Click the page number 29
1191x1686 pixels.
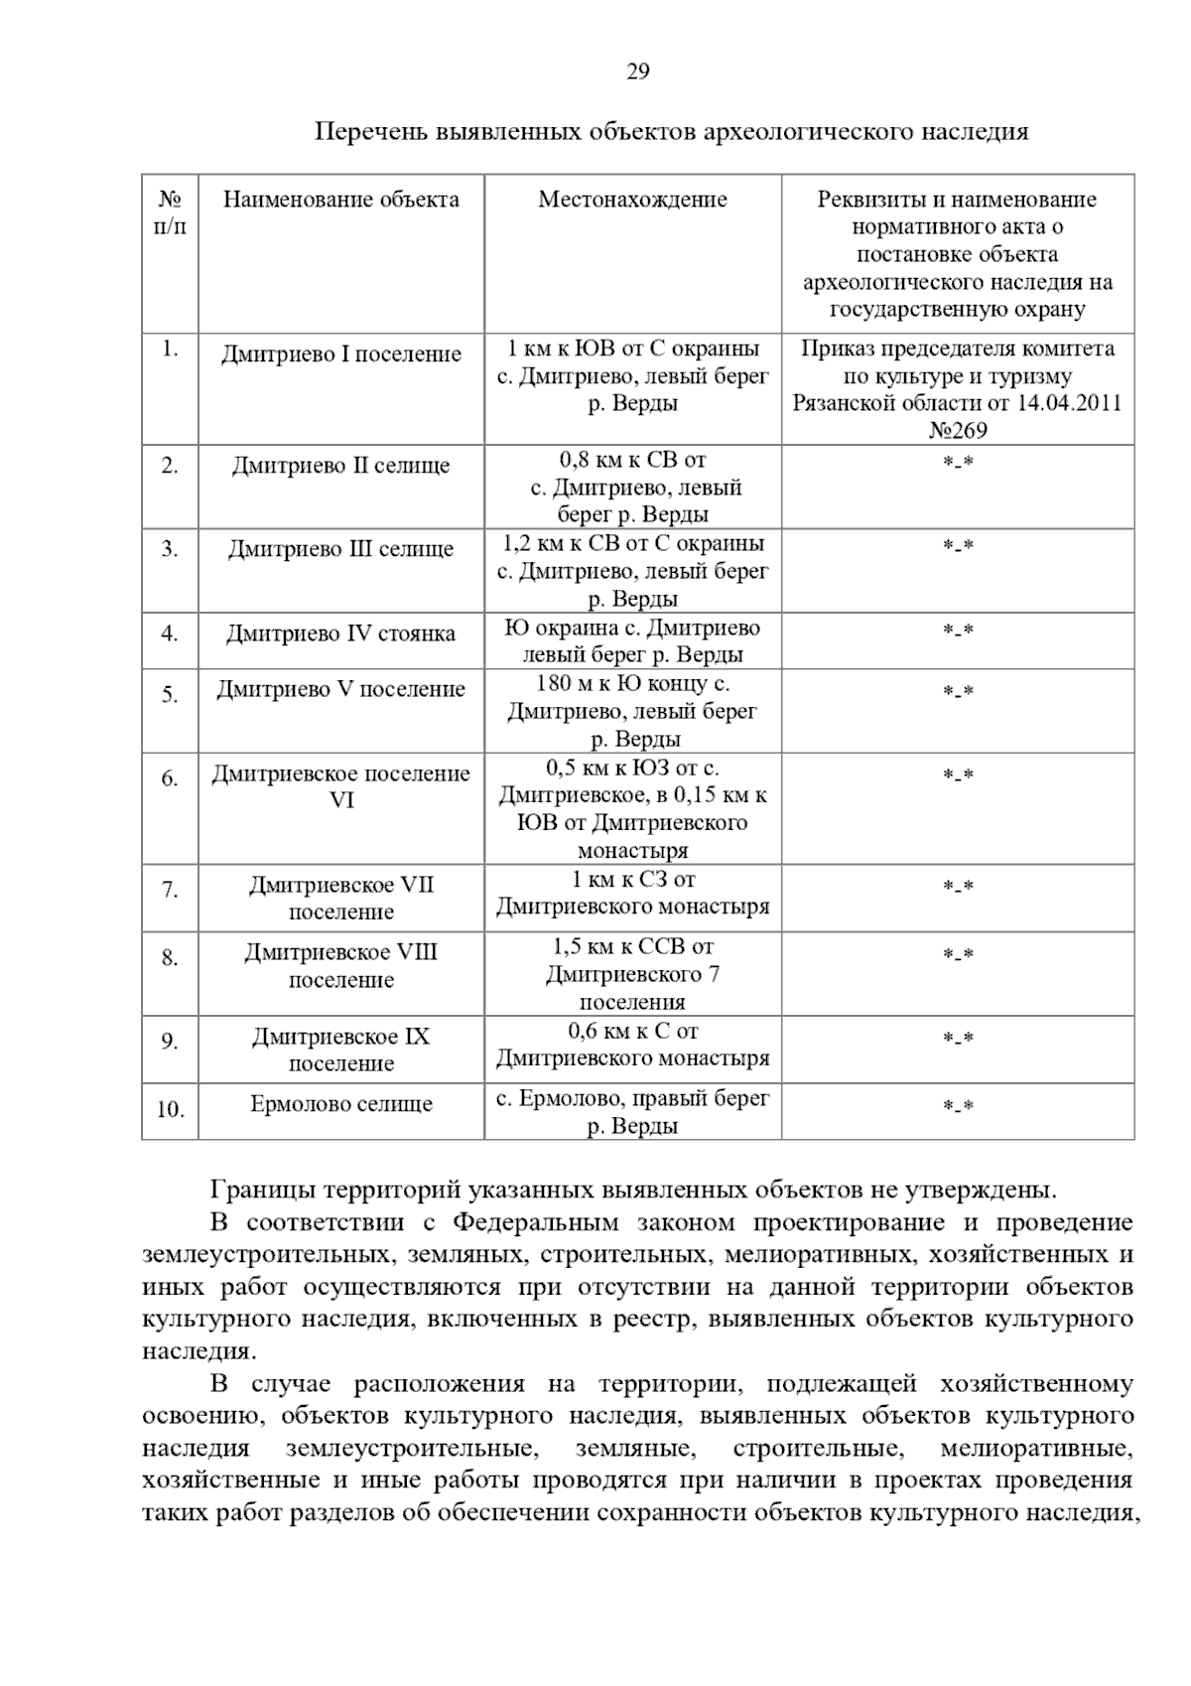pos(637,71)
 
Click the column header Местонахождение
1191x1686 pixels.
pos(632,200)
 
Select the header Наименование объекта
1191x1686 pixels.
pos(340,200)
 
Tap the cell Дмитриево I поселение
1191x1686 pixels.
pos(340,354)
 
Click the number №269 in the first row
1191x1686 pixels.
pos(957,431)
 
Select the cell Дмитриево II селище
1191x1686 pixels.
pos(340,466)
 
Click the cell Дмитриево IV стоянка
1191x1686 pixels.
pos(340,633)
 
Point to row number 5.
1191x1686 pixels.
pos(170,694)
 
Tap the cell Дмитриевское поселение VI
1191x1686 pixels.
pos(340,786)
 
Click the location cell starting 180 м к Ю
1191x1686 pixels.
pos(632,711)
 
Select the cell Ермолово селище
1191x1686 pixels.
pos(340,1104)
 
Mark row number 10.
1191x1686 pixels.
pos(170,1110)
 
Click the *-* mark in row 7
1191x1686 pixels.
pos(957,887)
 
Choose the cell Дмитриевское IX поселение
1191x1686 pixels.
pos(340,1050)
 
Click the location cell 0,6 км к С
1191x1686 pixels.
pos(632,1045)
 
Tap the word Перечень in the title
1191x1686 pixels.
pos(369,132)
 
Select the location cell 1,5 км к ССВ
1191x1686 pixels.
pos(632,974)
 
